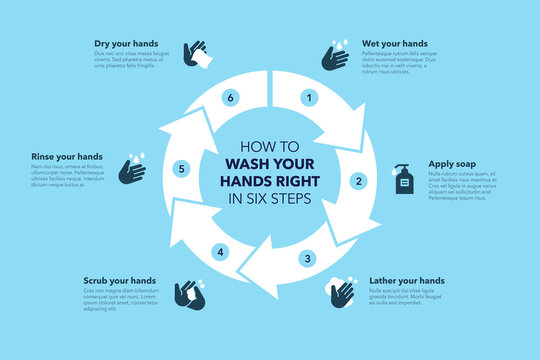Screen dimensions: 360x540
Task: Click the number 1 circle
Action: [310, 98]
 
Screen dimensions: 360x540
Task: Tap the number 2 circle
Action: [357, 181]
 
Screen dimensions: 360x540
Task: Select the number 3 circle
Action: [308, 259]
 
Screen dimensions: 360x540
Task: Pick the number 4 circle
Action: [221, 251]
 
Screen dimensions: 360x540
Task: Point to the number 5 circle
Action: [181, 169]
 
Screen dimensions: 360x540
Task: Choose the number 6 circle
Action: [230, 98]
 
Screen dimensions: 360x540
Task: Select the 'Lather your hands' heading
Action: [407, 281]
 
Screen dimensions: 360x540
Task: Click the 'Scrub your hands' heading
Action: [119, 281]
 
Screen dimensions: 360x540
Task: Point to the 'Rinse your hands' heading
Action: [66, 157]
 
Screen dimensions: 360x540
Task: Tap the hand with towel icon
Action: [197, 55]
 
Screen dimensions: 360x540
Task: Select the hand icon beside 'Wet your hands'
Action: [335, 56]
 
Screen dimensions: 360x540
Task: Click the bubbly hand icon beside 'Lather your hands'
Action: [340, 293]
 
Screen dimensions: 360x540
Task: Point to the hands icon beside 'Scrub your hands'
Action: [189, 293]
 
